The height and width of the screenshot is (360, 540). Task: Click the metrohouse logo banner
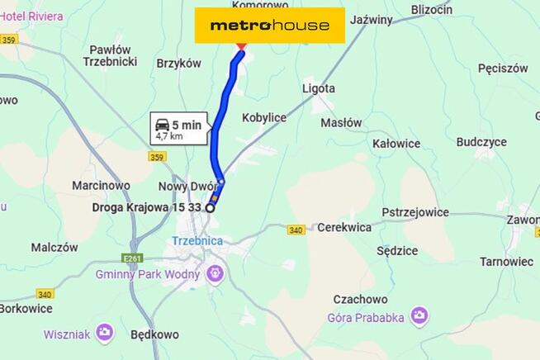point(269,26)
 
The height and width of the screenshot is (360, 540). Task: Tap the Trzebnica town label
point(197,240)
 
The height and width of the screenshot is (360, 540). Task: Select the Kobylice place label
point(264,118)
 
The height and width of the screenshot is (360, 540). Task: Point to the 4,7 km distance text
point(169,136)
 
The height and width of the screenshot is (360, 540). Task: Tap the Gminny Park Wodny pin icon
point(216,271)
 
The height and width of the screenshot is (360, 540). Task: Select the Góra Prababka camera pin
point(420,315)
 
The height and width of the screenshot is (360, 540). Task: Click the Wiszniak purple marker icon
point(105,332)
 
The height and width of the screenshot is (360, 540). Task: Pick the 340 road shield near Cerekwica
point(296,230)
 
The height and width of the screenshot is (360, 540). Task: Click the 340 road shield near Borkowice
point(45,294)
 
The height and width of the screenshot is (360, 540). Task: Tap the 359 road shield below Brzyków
point(158,157)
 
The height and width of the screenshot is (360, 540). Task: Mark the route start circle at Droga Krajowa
point(210,208)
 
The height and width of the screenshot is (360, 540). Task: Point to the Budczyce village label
point(481,142)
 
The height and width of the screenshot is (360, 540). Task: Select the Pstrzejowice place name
point(416,212)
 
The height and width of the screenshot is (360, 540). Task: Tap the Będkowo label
point(154,334)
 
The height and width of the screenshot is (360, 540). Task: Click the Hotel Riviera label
point(32,17)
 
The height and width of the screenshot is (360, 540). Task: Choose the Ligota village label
point(319,88)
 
